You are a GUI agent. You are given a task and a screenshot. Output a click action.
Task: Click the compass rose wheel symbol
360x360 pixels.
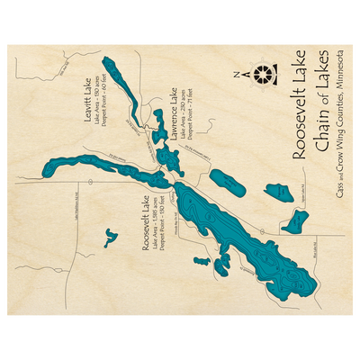262,74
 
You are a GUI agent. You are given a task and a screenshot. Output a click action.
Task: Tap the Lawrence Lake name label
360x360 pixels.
167,117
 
